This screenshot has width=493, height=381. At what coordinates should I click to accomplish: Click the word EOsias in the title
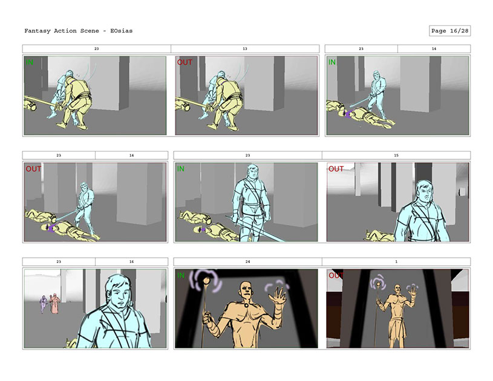122,31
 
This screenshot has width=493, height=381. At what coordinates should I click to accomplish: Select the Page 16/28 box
449,31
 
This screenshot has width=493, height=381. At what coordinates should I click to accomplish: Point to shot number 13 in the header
245,49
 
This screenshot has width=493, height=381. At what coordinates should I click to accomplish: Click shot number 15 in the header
396,155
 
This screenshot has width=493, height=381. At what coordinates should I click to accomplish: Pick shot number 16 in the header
131,261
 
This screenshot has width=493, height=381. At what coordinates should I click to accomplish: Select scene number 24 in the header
248,261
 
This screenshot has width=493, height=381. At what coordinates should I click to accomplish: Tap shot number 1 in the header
396,261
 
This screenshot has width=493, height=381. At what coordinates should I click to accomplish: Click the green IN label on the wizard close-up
181,275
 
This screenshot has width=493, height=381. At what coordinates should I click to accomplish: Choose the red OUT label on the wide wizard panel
336,275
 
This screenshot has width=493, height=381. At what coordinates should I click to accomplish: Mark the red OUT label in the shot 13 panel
184,62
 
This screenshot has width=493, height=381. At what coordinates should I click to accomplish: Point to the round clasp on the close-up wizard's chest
247,304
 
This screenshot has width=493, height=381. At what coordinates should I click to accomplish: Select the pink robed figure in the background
54,304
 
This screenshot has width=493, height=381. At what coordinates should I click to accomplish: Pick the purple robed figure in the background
44,304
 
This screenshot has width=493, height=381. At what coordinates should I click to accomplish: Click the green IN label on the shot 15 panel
181,169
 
